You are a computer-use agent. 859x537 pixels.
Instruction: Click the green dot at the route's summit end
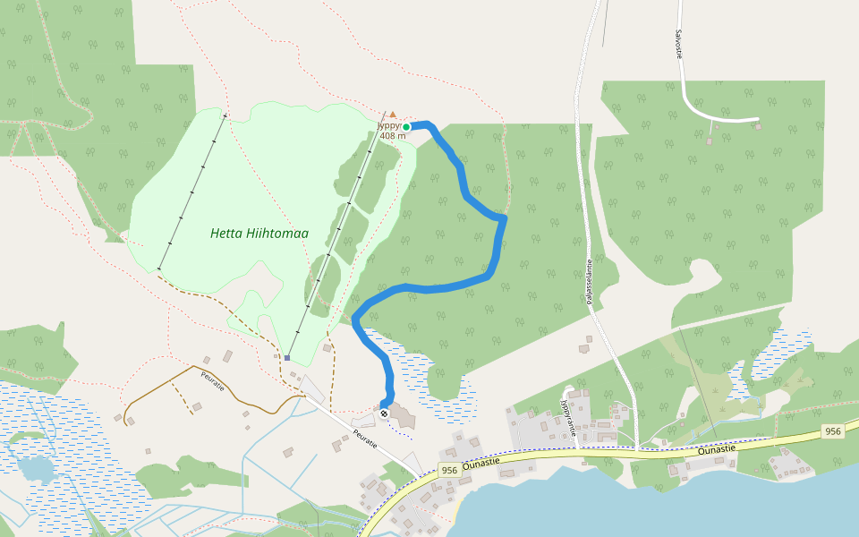pos(405,127)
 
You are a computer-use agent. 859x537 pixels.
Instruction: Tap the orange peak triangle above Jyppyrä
pos(392,115)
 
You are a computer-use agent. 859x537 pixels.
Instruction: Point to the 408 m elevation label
pos(392,136)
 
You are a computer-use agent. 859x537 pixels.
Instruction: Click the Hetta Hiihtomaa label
pos(259,234)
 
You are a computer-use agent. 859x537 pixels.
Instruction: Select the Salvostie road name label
pos(678,43)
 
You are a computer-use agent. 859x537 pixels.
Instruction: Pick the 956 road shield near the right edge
pos(833,431)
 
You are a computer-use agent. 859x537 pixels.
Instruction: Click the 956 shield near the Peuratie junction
pos(449,471)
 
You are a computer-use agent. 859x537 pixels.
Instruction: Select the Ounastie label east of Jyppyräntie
pos(717,447)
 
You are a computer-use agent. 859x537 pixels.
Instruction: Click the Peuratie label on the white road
pos(365,439)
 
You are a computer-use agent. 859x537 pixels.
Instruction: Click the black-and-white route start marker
pos(384,413)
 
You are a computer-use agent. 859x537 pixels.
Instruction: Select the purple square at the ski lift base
pos(287,358)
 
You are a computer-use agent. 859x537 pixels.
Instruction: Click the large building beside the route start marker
pos(401,416)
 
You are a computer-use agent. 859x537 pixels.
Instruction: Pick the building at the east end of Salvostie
pos(758,127)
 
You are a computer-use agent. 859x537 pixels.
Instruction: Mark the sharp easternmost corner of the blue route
pos(506,217)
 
